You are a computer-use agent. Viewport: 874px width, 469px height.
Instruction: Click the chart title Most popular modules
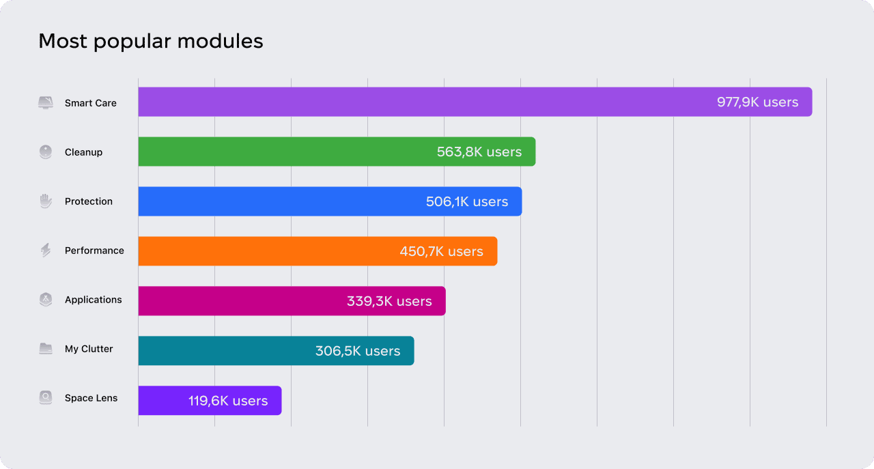click(150, 41)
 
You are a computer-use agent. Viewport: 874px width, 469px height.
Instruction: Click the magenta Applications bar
click(239, 301)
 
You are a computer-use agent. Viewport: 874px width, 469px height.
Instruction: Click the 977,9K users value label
click(757, 102)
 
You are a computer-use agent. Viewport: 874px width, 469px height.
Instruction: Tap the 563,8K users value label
click(479, 152)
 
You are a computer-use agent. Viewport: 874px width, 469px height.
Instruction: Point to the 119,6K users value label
click(228, 401)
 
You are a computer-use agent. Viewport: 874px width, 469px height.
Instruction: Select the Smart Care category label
click(91, 103)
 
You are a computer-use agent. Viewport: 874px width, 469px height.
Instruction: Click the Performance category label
click(94, 251)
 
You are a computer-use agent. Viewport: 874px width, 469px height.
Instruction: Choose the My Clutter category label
click(89, 349)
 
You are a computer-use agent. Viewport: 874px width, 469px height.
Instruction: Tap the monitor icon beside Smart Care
click(46, 103)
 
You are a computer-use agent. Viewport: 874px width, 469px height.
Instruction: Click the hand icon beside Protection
click(46, 201)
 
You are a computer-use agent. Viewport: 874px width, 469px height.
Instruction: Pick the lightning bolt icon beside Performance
click(46, 251)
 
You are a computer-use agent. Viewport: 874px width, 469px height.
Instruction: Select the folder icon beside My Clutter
click(46, 349)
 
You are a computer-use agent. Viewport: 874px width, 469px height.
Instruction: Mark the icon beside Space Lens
click(46, 398)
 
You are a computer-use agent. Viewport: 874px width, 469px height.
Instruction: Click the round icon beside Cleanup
click(46, 152)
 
